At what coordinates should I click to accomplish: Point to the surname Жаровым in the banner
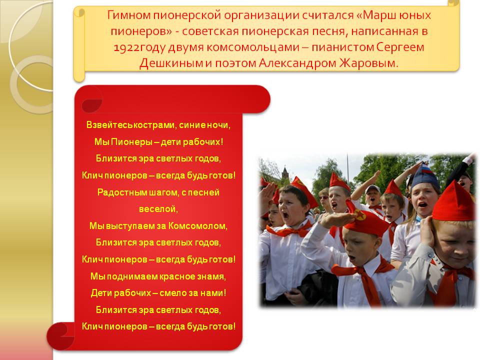tap(369, 63)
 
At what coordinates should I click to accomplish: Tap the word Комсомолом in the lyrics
tap(198, 226)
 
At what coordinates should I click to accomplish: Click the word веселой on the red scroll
tap(158, 209)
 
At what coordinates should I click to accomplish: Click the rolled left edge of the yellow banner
tap(79, 44)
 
